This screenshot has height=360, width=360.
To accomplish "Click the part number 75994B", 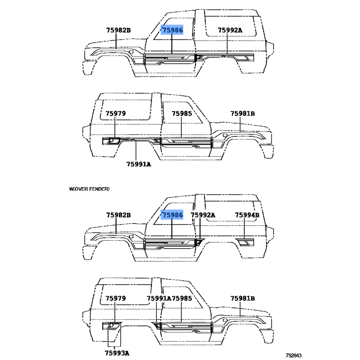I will (x=247, y=216).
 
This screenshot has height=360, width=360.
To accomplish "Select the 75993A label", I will (x=117, y=353).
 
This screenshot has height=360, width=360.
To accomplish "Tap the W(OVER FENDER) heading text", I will (x=89, y=189).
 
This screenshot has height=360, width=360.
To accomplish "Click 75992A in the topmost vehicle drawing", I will (x=230, y=31).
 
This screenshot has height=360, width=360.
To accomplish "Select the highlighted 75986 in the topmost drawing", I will (x=173, y=30).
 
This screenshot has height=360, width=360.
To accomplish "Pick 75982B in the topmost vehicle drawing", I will (x=118, y=31).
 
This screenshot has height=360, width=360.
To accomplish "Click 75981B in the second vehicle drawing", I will (x=243, y=114).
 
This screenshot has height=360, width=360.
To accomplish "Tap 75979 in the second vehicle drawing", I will (x=116, y=114).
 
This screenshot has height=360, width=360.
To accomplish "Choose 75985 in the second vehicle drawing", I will (x=182, y=114).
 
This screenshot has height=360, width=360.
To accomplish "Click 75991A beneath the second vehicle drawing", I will (x=138, y=164).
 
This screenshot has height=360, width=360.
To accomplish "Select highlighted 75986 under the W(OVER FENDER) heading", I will (x=173, y=216).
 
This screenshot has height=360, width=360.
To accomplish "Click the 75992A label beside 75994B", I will (x=203, y=216).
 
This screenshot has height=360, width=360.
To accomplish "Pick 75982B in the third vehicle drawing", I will (x=118, y=216).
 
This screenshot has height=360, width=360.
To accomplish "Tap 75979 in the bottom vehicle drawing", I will (x=116, y=298).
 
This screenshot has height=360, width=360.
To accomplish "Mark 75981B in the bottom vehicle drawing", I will (x=243, y=298).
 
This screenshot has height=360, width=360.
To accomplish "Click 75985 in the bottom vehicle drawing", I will (x=182, y=298).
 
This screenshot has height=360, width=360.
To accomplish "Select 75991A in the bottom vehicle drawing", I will (x=159, y=298).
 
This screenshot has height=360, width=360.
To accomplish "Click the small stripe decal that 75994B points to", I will (x=246, y=243).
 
